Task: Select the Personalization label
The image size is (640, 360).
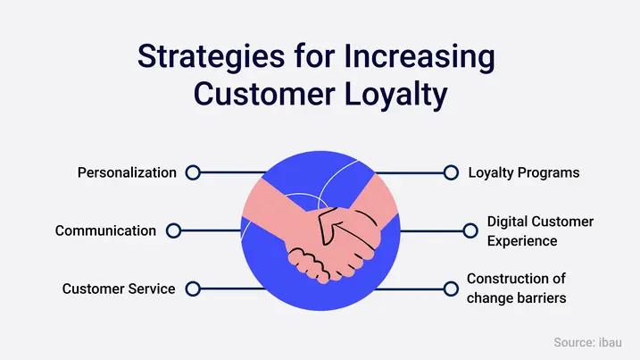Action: coord(126,172)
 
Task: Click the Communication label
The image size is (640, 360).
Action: coord(105,230)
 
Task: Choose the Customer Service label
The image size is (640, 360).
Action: coord(119,289)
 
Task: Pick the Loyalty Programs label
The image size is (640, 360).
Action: coord(523,172)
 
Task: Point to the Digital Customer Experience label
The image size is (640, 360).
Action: coord(539,230)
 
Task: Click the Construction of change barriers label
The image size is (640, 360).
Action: coord(517,289)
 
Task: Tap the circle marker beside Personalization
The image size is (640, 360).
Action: coord(192,172)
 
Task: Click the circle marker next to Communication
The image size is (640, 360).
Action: coord(173,230)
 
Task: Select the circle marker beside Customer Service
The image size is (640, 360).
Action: coord(192,289)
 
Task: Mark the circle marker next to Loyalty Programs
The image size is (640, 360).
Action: coord(450,172)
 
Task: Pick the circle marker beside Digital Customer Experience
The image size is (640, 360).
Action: coord(470,230)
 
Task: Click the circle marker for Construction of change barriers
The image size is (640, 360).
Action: coord(450,289)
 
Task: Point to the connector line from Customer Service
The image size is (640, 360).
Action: coord(223,289)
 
